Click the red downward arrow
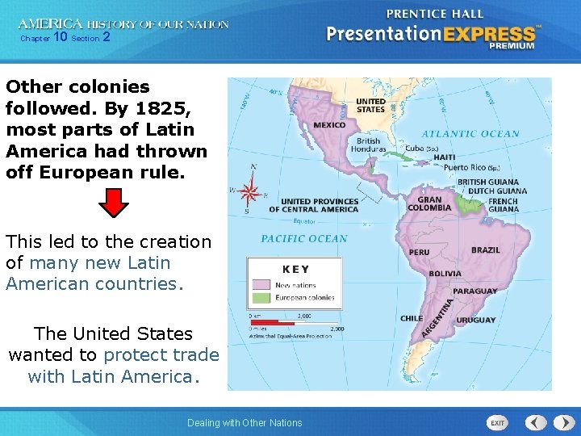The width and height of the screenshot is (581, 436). [x=118, y=203]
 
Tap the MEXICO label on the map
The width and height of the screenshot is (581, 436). [x=329, y=125]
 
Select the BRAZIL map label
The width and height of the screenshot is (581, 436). [x=485, y=250]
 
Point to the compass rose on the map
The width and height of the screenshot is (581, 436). [x=250, y=192]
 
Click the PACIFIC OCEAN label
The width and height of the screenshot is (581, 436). [x=303, y=239]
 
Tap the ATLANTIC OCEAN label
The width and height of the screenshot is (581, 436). [x=471, y=134]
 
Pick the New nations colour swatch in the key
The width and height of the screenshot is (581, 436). [x=261, y=285]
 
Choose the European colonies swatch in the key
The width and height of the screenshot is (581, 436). [x=261, y=299]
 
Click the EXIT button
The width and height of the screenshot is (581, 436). [x=498, y=422]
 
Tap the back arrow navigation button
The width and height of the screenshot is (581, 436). [x=537, y=422]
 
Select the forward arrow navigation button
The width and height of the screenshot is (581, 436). [x=560, y=422]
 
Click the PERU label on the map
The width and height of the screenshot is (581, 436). [x=419, y=252]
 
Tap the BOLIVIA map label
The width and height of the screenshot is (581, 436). [x=445, y=274]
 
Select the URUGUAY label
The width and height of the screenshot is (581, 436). [x=475, y=320]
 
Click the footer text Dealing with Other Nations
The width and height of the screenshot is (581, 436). [x=245, y=422]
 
